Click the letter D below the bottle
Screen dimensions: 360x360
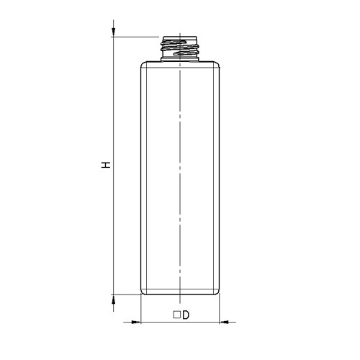pos(185,315)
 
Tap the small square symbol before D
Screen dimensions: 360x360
pos(176,315)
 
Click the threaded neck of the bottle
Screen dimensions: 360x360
pos(180,49)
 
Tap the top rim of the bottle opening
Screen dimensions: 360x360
pos(180,36)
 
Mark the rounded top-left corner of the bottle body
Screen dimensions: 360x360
pos(143,66)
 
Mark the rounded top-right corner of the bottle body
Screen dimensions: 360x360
pos(217,66)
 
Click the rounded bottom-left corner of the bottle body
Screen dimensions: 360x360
pos(143,291)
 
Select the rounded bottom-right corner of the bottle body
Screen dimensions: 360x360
pos(217,291)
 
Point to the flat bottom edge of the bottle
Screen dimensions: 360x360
pos(180,294)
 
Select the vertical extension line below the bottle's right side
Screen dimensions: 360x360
pos(220,310)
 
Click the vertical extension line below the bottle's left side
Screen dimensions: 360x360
pos(140,310)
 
